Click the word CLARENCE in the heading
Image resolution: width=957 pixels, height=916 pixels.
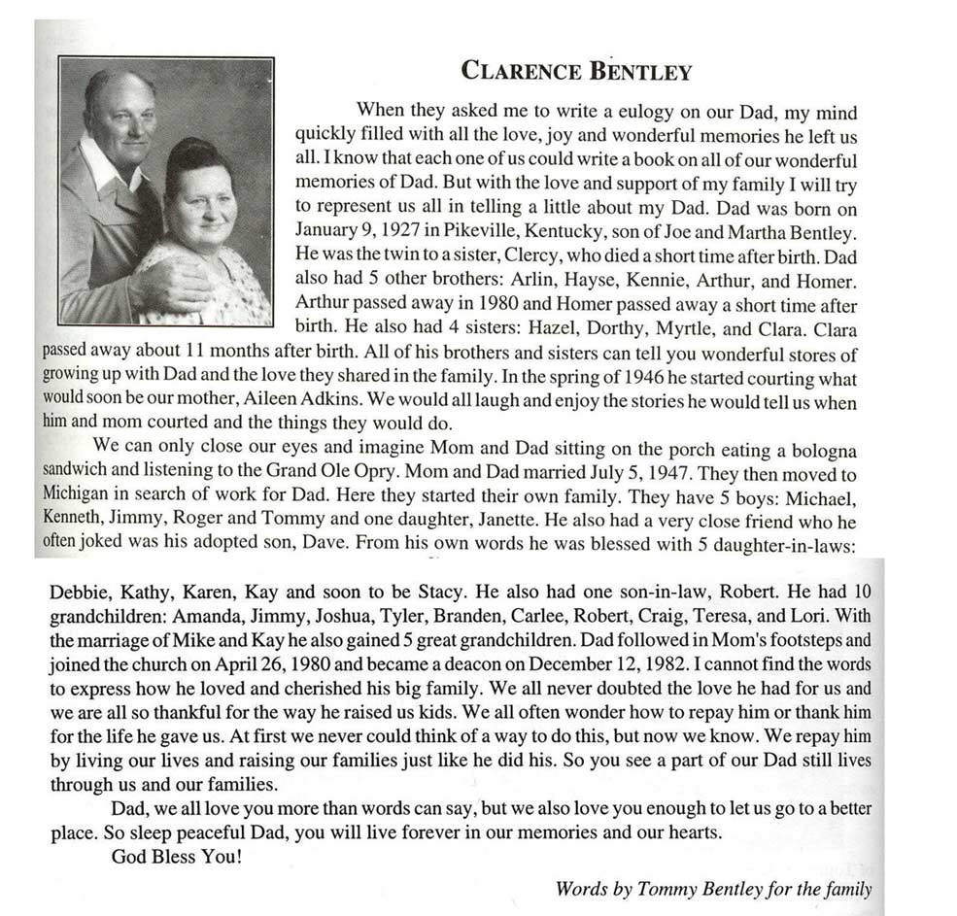point(518,71)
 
